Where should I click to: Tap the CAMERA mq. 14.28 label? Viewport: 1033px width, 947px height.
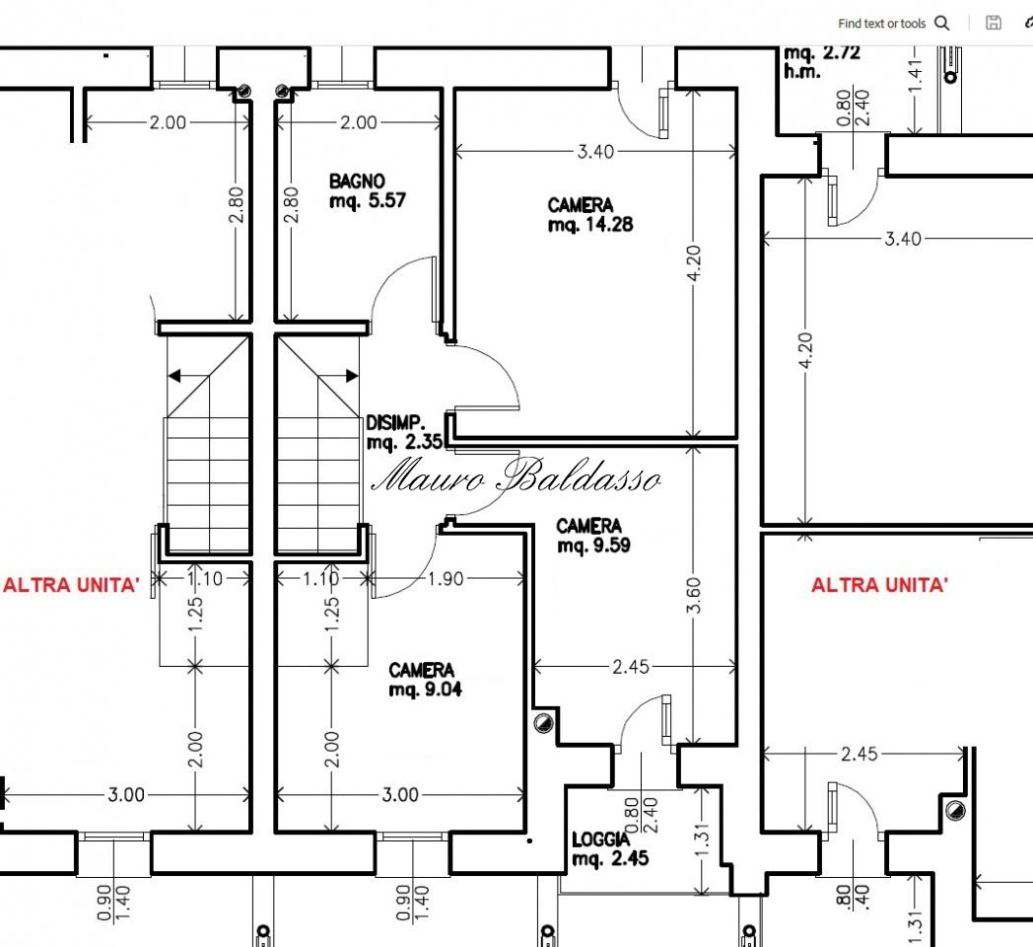(x=590, y=214)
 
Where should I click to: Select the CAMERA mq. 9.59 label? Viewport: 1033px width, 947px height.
(x=593, y=536)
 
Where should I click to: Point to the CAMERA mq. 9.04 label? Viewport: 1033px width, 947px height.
(x=425, y=680)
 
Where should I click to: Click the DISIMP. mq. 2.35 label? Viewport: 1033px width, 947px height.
(x=404, y=432)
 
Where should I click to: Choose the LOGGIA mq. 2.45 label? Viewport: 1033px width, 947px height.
(x=610, y=848)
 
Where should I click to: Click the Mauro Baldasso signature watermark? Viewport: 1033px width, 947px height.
(x=516, y=476)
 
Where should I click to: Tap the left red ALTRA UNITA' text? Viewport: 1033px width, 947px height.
(x=71, y=585)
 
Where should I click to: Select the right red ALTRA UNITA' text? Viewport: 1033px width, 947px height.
(x=879, y=585)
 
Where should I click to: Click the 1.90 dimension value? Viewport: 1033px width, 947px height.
(x=446, y=578)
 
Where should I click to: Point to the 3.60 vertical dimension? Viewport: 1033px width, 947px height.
(x=693, y=596)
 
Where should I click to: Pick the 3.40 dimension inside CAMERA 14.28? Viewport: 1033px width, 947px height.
(x=595, y=152)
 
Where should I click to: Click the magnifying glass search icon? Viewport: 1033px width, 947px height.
(x=942, y=23)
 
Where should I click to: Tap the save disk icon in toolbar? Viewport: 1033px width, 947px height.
(x=993, y=23)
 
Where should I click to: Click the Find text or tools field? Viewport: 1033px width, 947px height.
(x=881, y=23)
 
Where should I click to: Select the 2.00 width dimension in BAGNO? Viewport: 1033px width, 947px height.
(x=359, y=122)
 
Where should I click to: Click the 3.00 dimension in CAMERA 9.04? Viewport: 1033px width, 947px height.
(x=400, y=795)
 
